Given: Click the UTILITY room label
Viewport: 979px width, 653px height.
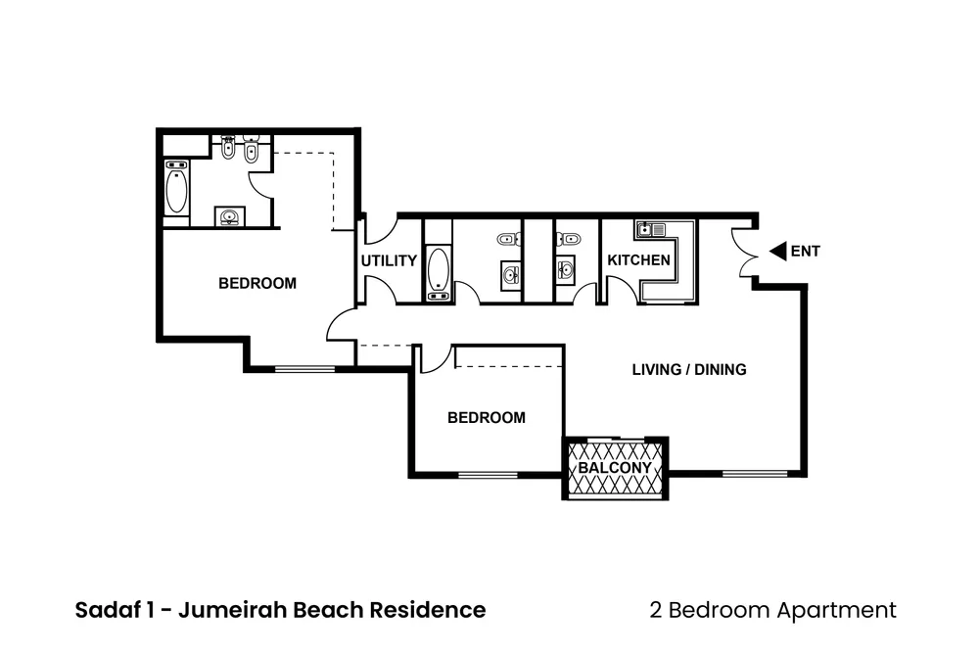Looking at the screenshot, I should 389,261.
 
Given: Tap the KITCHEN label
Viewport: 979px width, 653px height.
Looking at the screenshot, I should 639,260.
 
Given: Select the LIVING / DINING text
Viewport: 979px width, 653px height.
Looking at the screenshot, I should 689,370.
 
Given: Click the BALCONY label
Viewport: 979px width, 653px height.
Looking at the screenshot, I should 614,468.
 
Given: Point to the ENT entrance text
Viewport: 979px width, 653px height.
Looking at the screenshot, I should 805,252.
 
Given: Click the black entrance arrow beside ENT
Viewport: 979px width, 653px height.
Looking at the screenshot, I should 777,252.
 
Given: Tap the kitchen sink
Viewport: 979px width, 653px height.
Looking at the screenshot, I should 649,231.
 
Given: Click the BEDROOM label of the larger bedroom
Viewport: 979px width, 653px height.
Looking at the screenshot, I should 256,284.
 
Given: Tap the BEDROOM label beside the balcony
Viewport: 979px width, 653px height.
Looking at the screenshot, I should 486,418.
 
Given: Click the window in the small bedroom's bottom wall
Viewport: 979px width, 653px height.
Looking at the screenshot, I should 488,476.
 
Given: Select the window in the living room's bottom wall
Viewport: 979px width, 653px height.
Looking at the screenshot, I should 755,475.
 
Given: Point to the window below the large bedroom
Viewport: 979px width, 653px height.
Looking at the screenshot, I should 303,369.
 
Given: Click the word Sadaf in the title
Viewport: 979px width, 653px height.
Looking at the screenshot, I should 105,610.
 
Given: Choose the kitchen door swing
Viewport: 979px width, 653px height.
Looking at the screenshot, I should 617,290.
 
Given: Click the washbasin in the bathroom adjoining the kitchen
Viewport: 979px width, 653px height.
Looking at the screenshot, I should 565,267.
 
